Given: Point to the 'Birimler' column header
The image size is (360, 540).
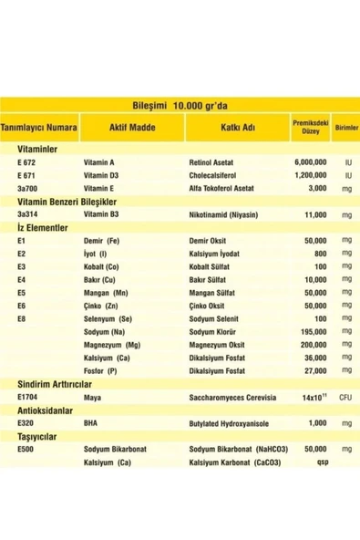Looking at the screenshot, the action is [x=345, y=129].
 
